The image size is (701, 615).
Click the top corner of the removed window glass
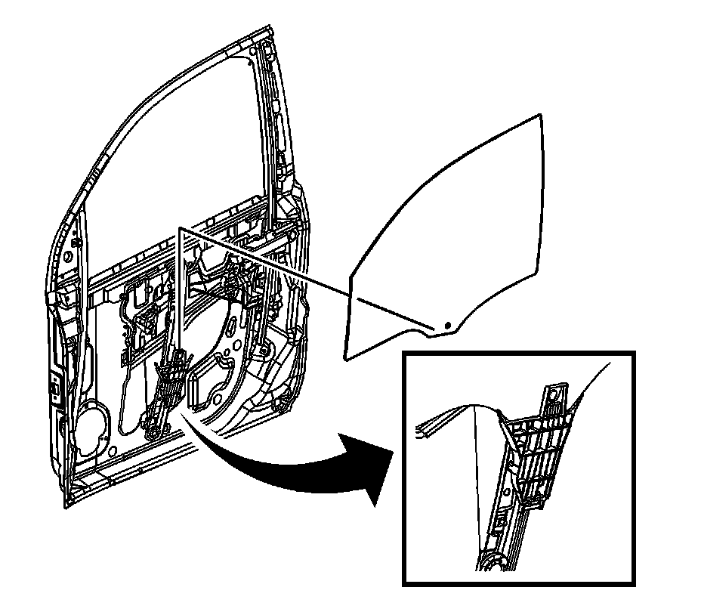tap(540, 115)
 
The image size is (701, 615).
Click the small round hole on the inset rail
tap(501, 521)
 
